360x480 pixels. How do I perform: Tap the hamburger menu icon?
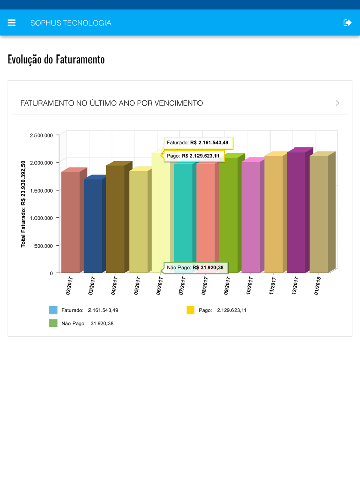point(12,23)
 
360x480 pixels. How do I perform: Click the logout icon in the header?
point(348,23)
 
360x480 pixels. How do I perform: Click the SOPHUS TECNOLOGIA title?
point(71,23)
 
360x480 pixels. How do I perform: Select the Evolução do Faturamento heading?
point(56,59)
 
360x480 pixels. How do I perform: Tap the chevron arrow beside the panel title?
point(338,103)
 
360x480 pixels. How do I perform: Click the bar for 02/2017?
point(70,221)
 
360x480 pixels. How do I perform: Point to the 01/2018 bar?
point(319,213)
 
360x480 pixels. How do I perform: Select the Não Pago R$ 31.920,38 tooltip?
point(195,268)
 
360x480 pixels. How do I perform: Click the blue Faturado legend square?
point(53,310)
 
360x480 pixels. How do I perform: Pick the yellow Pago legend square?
point(190,310)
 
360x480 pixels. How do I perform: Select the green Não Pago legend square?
point(53,323)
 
